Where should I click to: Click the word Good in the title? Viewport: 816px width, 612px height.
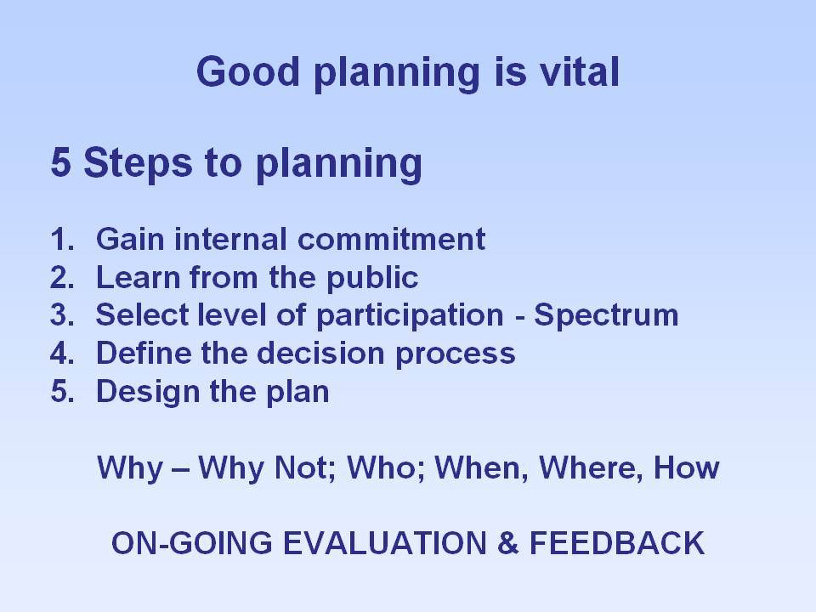(x=248, y=71)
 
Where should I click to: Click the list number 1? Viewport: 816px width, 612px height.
(x=62, y=240)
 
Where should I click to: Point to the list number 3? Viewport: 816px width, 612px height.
(x=62, y=315)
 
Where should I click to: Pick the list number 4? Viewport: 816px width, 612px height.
(x=62, y=354)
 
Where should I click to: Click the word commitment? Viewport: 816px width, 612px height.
(x=391, y=240)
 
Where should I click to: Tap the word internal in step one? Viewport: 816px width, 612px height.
(x=230, y=240)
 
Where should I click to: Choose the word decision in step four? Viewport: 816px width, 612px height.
(x=320, y=353)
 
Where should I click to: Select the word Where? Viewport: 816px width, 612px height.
(x=587, y=467)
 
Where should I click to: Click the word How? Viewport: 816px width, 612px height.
(x=687, y=467)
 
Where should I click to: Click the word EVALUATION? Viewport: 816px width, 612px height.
(x=385, y=543)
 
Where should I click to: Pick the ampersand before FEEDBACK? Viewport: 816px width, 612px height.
(x=508, y=543)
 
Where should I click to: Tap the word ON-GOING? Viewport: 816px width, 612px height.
(x=192, y=543)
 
